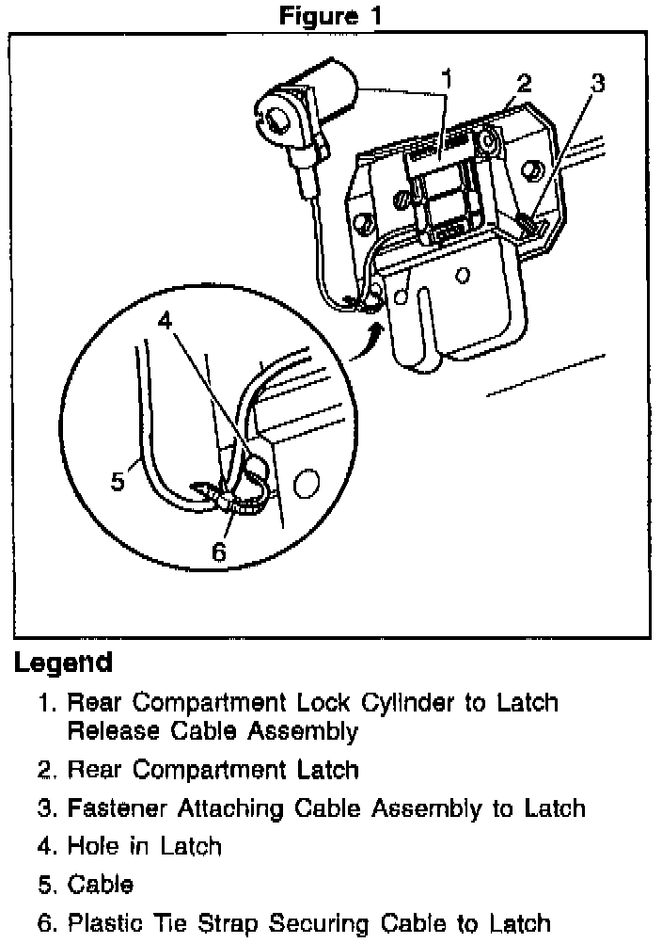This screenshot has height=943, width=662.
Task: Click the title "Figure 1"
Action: pos(331,15)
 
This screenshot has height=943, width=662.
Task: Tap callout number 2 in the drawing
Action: pos(524,82)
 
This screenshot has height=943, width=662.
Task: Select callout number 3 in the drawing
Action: pos(596,82)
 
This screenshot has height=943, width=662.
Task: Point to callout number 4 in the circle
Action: pos(165,320)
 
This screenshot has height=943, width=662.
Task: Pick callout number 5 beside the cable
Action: pos(117,482)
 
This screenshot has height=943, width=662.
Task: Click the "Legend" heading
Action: pos(63,663)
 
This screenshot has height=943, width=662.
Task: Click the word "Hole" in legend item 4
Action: pos(92,846)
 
